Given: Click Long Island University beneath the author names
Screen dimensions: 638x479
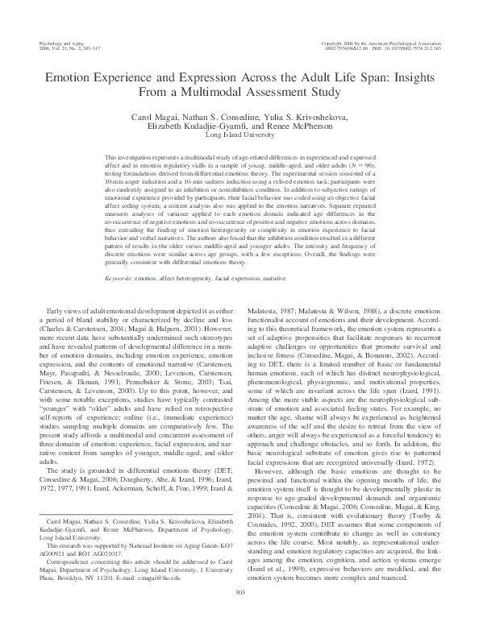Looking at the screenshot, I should coord(239,135).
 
